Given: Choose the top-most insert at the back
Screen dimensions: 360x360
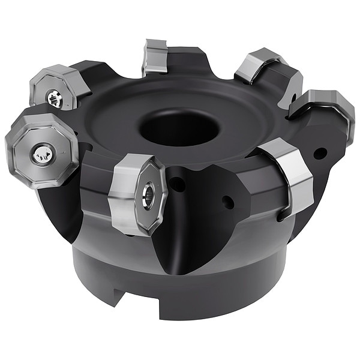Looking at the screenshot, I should point(154,57).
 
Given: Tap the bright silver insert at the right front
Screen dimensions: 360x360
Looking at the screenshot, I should point(288,174).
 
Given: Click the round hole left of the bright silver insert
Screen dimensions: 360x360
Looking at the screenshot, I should point(227,202).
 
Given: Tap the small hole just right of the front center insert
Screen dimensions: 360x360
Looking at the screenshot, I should point(178,185).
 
